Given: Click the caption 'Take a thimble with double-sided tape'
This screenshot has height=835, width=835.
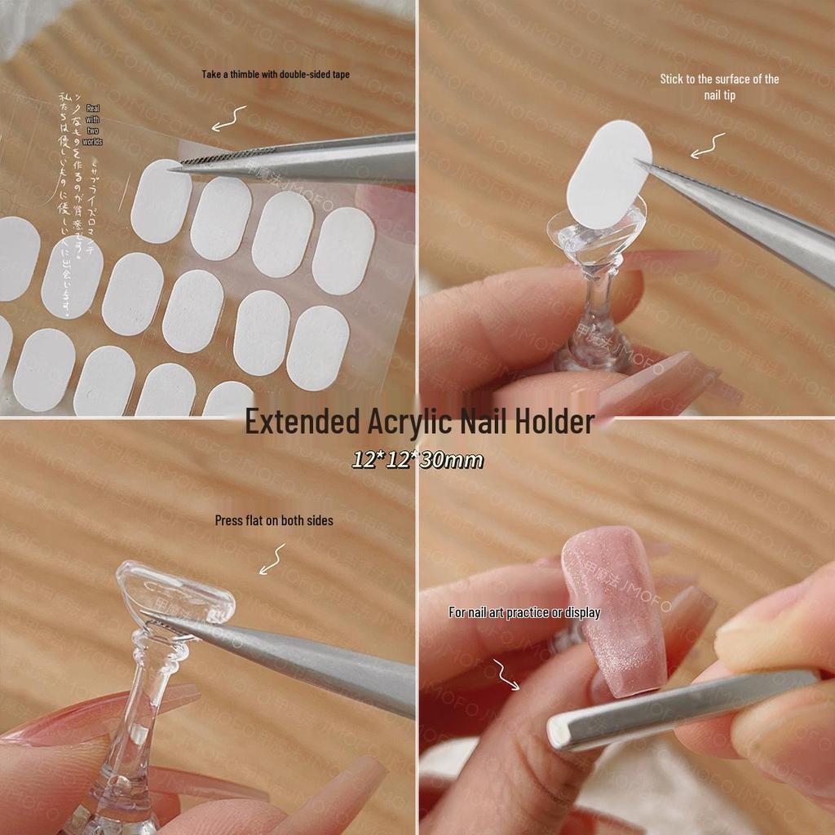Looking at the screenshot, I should tap(276, 74).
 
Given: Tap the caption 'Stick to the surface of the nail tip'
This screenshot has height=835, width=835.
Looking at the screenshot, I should tap(719, 86).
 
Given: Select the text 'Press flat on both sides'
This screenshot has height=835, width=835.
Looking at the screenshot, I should tap(274, 520).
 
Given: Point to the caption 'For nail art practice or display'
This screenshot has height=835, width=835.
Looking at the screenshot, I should tap(524, 612).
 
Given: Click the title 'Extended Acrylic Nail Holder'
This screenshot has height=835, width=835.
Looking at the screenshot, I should tap(419, 422).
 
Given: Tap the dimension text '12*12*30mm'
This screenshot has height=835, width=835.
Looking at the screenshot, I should tap(417, 460).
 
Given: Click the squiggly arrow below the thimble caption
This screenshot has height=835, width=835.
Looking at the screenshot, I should tap(229, 119).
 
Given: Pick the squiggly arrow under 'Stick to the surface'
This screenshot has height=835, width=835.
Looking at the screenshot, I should tap(707, 146).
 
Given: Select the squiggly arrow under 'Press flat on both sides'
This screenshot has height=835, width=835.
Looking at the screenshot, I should tap(272, 561).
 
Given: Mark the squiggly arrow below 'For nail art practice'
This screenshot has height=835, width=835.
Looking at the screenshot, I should tap(505, 674).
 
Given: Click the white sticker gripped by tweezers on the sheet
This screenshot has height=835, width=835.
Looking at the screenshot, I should tap(161, 200).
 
